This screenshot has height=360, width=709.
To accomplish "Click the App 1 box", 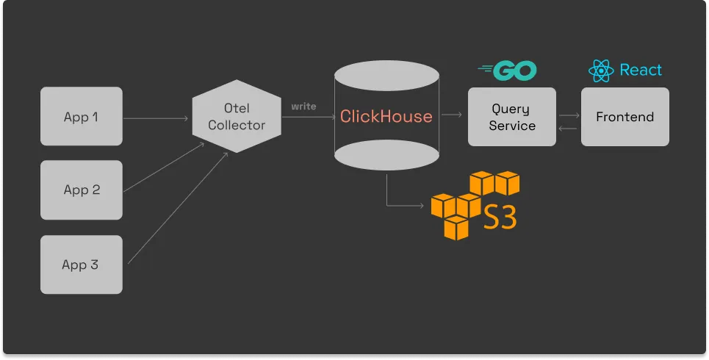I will point(81,116).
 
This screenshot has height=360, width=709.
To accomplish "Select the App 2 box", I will point(81,190).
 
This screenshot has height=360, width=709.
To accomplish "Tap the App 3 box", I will point(81,264).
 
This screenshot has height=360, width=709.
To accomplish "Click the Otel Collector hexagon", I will point(236,116).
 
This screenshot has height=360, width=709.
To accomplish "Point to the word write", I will point(303,107).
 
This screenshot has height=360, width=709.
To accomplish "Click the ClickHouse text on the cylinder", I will point(386,117).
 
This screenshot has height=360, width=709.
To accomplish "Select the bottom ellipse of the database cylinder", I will point(386,156).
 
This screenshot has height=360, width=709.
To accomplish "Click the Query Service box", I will point(512,117).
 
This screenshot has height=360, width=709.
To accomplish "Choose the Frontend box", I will point(625,117).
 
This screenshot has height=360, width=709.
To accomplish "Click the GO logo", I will point(508,71).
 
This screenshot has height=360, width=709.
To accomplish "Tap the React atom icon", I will point(600,71).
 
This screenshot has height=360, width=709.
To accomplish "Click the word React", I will point(641,71).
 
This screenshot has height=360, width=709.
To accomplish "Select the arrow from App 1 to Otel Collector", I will point(156,117).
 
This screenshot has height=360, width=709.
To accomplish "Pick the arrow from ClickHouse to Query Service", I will point(453,115).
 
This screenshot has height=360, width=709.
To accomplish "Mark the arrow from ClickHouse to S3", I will point(397,204).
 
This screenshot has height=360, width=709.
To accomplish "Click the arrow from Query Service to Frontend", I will point(568,115).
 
